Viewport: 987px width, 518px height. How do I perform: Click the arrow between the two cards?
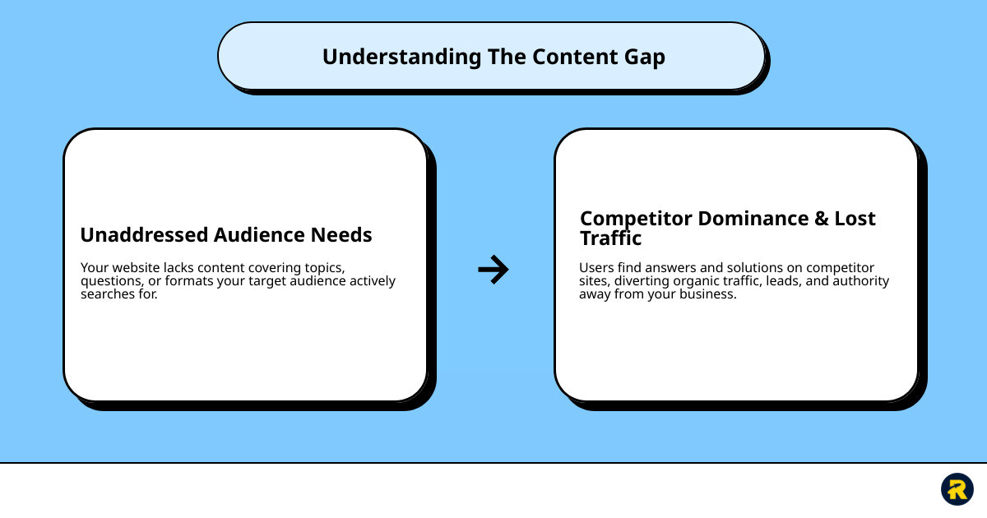493,269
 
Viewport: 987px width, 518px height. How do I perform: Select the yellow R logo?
957,489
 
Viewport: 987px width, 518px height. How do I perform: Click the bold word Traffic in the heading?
610,239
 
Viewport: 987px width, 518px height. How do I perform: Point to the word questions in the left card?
110,281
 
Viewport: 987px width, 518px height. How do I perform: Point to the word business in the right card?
707,294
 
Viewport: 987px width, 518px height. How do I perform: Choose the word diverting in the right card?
642,281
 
